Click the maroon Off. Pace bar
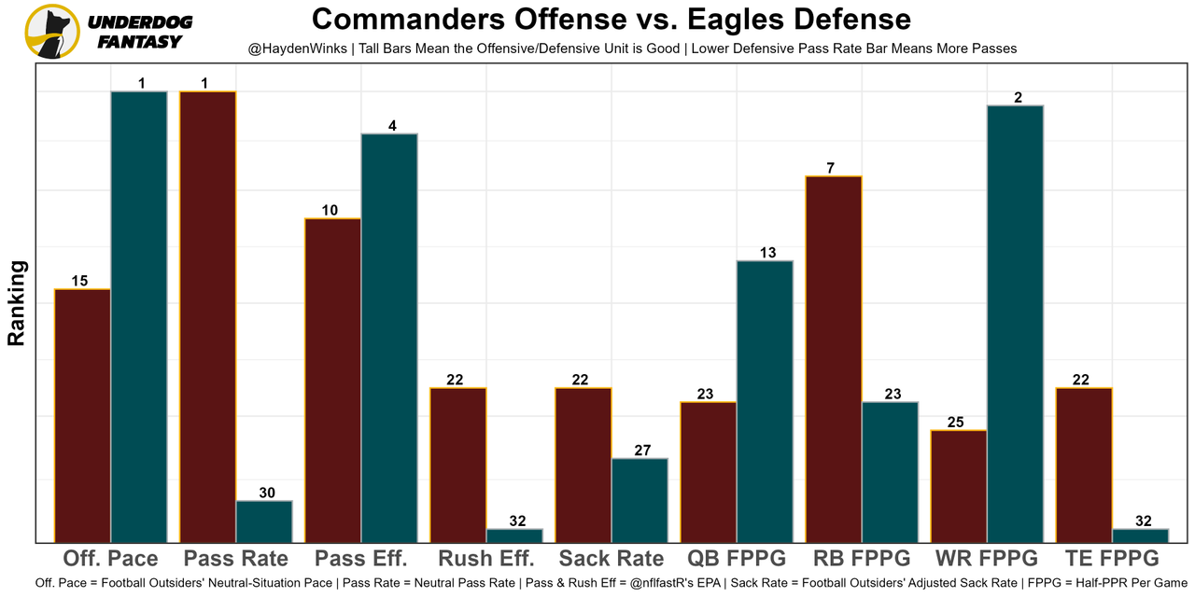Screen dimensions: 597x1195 click(x=83, y=415)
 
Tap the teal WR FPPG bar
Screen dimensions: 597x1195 click(x=1015, y=323)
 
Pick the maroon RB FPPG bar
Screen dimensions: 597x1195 click(x=834, y=358)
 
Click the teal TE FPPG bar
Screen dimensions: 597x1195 click(x=1140, y=535)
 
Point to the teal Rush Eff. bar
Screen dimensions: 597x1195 click(x=514, y=535)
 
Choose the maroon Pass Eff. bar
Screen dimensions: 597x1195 click(x=333, y=380)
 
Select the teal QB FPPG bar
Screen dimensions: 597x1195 click(x=765, y=401)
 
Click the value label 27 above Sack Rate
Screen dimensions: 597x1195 click(x=640, y=451)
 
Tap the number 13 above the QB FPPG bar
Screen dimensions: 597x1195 click(x=765, y=253)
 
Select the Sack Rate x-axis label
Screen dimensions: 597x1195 click(x=612, y=559)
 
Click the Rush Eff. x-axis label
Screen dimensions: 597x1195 click(x=486, y=559)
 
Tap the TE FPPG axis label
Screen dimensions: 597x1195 click(x=1112, y=559)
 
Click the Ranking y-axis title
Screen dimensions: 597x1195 click(x=17, y=303)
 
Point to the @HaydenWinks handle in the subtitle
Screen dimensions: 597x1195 click(x=298, y=48)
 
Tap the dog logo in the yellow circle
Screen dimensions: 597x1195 click(x=51, y=31)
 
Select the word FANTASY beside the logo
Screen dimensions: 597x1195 click(x=139, y=42)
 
